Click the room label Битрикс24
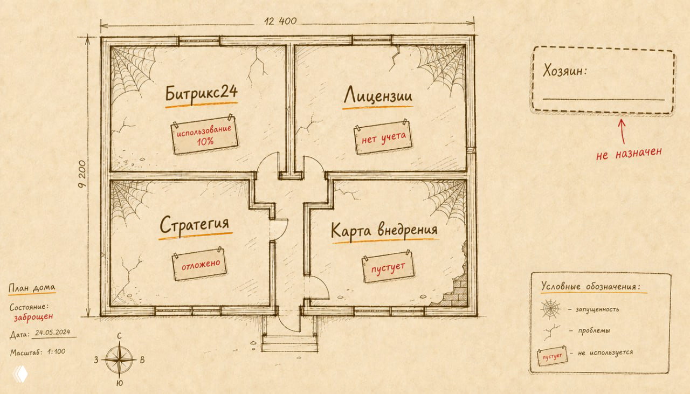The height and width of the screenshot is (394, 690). pyautogui.click(x=202, y=93)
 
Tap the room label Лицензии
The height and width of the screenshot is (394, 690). pyautogui.click(x=378, y=95)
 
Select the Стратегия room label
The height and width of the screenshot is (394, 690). pyautogui.click(x=195, y=225)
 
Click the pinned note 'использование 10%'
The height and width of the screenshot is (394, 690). pyautogui.click(x=204, y=135)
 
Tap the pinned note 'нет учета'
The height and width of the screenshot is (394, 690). pyautogui.click(x=383, y=137)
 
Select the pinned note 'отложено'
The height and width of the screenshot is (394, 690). pyautogui.click(x=200, y=264)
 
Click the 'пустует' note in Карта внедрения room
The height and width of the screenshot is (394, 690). pyautogui.click(x=388, y=267)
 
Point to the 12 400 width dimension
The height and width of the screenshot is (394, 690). pyautogui.click(x=280, y=21)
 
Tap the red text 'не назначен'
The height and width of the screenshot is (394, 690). pyautogui.click(x=629, y=153)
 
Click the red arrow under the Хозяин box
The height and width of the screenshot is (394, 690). pyautogui.click(x=623, y=132)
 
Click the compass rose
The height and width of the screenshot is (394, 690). pyautogui.click(x=120, y=359)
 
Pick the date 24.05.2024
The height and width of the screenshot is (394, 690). pyautogui.click(x=53, y=332)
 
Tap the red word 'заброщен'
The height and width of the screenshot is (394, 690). pyautogui.click(x=33, y=316)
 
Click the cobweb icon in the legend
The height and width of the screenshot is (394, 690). pyautogui.click(x=550, y=309)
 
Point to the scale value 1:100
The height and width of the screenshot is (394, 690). pyautogui.click(x=57, y=352)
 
